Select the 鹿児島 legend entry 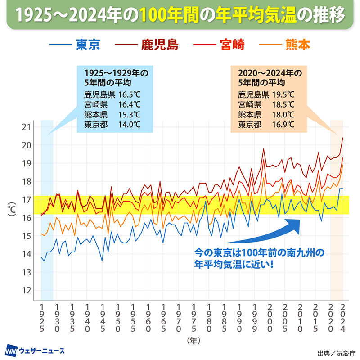pos(160,45)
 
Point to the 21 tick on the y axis pos(26,127)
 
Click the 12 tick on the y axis pos(26,290)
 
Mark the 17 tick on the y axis pos(26,199)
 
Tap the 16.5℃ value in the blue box pos(130,95)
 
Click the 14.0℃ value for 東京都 pos(130,124)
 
